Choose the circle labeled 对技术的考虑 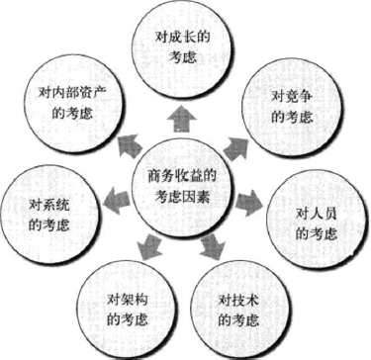point(244,307)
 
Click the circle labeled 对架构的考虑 point(127,308)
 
